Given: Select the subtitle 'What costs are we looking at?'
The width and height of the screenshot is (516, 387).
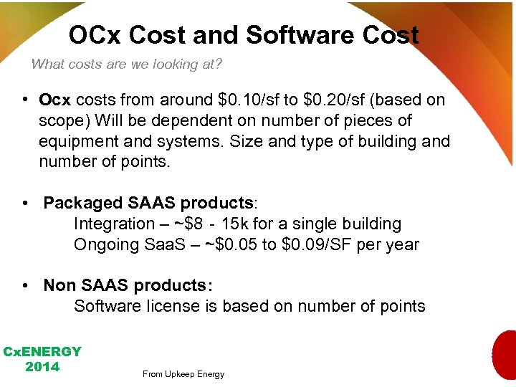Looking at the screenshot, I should point(126,64).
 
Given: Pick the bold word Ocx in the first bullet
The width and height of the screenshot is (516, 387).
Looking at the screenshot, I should point(55,100).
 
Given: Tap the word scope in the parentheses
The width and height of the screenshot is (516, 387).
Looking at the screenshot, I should point(62,120).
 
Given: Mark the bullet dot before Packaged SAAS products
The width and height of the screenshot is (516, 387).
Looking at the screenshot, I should point(25,204).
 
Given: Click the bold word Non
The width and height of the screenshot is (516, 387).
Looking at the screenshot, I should point(59,286).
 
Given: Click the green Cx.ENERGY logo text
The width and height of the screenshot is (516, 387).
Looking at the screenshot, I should point(42,352).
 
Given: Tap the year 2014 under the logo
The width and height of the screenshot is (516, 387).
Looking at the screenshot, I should point(42,367).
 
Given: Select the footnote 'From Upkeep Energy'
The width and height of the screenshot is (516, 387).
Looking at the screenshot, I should point(183,374).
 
